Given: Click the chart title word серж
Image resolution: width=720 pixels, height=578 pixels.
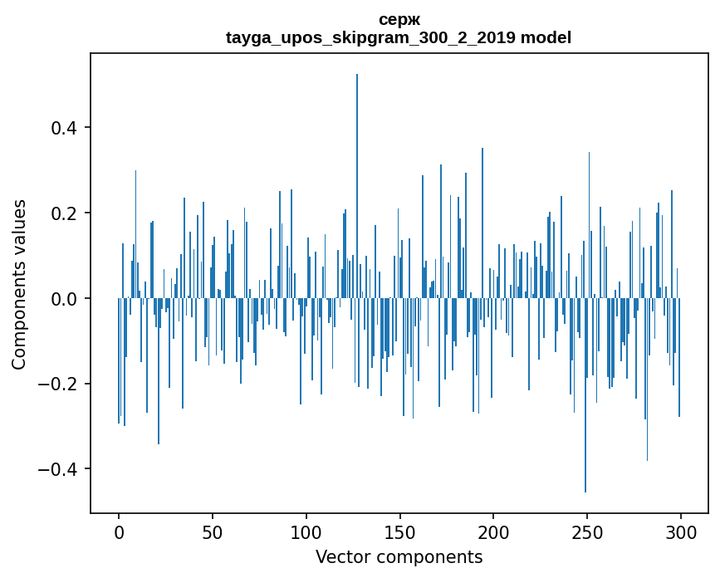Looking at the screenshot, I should coord(399,20).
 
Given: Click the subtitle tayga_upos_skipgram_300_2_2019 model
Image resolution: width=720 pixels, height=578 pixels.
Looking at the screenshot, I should coord(399,37).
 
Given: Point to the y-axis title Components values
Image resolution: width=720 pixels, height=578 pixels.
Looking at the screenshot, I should coord(19,284).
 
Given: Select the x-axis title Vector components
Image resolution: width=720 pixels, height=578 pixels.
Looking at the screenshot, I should coord(399,557).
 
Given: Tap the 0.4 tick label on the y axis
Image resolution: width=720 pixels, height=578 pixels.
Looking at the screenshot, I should coord(64,128).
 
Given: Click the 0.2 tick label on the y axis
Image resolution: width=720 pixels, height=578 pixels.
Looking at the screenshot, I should coord(64,213).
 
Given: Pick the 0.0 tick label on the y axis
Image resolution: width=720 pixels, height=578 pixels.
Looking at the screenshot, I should coord(64,299).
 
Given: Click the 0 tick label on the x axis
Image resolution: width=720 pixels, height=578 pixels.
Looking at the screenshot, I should coord(119,532).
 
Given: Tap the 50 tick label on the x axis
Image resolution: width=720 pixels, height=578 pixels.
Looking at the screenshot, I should coord(213,532).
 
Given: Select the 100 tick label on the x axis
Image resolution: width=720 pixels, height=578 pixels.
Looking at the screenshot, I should coord(306,532).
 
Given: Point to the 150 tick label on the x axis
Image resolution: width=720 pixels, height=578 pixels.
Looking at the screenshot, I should coord(400,532).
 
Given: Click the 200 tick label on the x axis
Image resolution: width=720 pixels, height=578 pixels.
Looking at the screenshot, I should coord(493,532).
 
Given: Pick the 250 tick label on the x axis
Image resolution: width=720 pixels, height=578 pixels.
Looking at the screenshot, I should coord(587,532).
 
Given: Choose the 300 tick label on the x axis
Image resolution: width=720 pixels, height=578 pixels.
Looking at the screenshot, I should coord(681,532).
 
